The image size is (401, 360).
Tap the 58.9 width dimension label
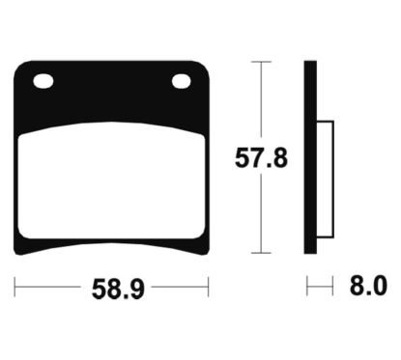(x=112, y=287)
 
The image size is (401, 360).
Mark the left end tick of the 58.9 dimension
(x=15, y=287)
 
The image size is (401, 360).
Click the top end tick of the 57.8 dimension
(x=260, y=62)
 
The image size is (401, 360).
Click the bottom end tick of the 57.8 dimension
(x=260, y=253)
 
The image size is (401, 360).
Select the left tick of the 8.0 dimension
(x=307, y=287)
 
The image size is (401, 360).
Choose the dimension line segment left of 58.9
(x=48, y=287)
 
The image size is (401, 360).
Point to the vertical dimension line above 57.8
(x=260, y=97)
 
